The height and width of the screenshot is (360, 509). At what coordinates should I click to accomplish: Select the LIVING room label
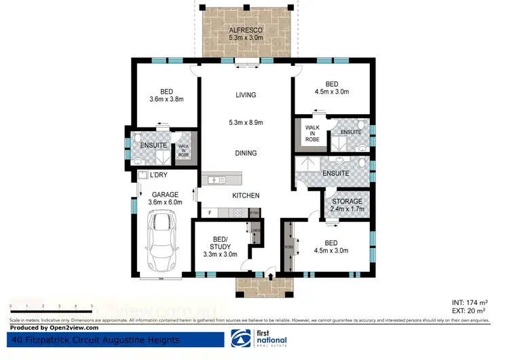(245, 95)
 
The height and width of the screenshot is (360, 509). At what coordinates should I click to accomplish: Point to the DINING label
(245, 154)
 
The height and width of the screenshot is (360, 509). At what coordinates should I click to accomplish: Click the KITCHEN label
(245, 196)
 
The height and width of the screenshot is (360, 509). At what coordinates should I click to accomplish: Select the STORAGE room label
(347, 202)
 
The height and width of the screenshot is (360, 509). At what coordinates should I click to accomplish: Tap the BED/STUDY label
(221, 242)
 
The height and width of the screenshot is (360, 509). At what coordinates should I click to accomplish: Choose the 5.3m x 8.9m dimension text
(245, 123)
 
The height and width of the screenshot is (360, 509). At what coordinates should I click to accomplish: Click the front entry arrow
(271, 276)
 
